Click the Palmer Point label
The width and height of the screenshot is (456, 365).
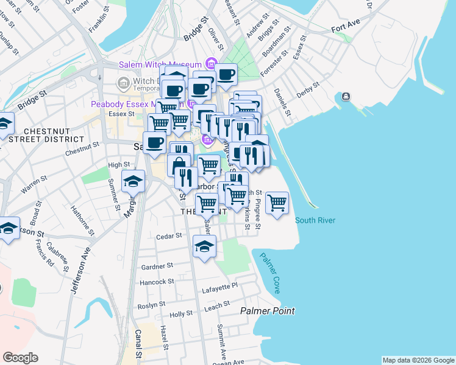pos(268,311)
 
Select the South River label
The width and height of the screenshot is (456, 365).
pos(315,220)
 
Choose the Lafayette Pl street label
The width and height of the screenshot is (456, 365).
pos(222,285)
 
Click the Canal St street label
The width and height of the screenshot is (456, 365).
pos(138,344)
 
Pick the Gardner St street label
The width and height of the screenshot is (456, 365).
pos(157,266)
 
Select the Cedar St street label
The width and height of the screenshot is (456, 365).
pos(169,236)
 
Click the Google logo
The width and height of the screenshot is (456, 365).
pos(20,358)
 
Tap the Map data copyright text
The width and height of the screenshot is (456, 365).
pos(418,360)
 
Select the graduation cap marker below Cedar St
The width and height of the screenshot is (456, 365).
pos(204,246)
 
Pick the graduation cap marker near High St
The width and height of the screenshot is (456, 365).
pos(132,181)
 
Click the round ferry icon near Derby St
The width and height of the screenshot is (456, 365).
pos(346,97)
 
